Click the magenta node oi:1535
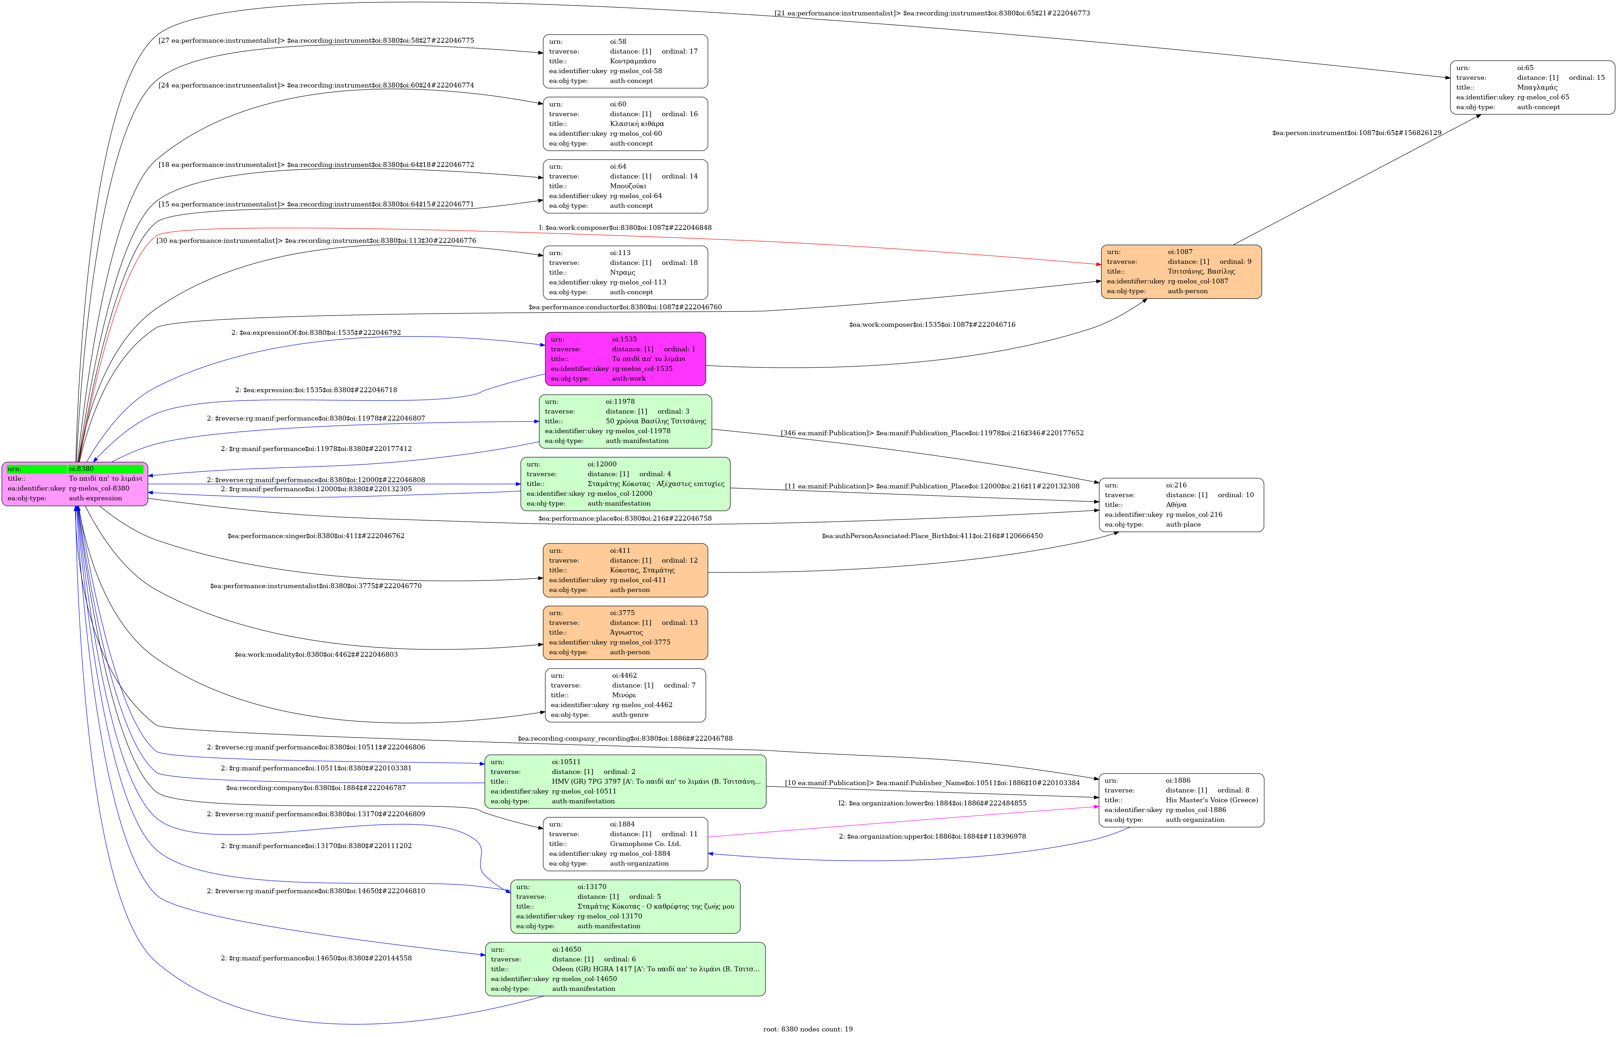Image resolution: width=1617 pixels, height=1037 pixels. (625, 359)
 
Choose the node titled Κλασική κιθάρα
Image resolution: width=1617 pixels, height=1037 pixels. (625, 124)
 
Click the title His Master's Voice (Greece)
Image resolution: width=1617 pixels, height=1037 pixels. (1212, 800)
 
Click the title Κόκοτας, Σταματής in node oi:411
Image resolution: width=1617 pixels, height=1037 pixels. (642, 570)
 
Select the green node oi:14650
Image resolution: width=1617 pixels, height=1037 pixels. (625, 969)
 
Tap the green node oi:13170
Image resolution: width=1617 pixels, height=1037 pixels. (625, 907)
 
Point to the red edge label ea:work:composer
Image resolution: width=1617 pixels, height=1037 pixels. (625, 228)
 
